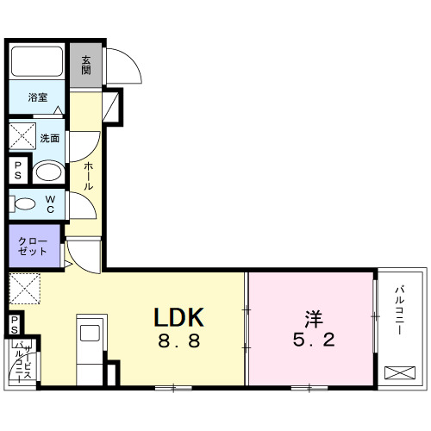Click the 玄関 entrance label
86,65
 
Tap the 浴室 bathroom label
37,98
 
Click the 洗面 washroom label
49,138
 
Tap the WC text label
51,204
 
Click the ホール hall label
88,175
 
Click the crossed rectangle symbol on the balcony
399,374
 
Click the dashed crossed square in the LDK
24,288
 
